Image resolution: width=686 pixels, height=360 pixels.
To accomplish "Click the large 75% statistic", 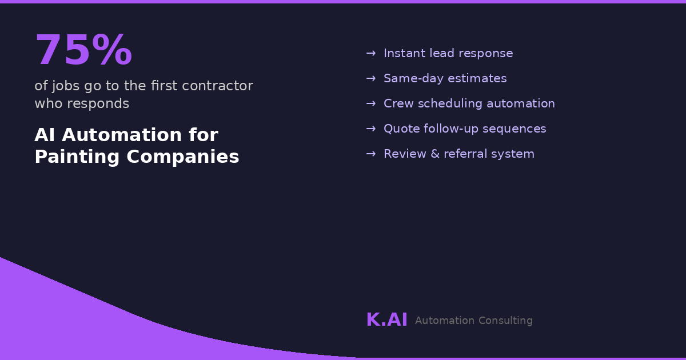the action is coord(83,50).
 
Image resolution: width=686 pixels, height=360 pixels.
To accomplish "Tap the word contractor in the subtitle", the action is coord(217,86).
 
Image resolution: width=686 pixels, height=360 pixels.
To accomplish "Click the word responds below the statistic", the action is coord(98,104).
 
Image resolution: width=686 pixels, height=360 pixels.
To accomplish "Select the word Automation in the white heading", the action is coord(122,135).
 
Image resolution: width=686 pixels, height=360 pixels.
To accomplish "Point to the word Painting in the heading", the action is coord(77,157).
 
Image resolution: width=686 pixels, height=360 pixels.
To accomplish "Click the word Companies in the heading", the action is coord(183,157).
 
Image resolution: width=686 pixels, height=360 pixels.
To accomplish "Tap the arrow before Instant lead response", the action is coord(371,54).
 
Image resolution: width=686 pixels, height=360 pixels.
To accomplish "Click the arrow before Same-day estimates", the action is coord(371,79).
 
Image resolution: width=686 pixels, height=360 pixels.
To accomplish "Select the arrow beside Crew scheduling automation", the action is coord(371,104).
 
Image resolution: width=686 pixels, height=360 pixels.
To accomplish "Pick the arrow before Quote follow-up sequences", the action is coord(371,129).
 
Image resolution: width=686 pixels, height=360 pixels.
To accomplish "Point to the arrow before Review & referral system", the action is coord(371,154).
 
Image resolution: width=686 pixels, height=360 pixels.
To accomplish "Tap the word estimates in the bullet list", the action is coord(477,79).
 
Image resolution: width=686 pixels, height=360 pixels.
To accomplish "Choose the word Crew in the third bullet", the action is coord(399,104).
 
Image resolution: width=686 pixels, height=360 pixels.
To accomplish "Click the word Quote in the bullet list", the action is coord(401,129).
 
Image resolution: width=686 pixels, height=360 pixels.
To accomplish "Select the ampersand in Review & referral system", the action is coord(435,154).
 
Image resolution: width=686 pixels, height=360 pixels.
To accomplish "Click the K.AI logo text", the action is coord(387,320).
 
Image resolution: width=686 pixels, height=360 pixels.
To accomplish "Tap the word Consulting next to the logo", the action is coord(505,321).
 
